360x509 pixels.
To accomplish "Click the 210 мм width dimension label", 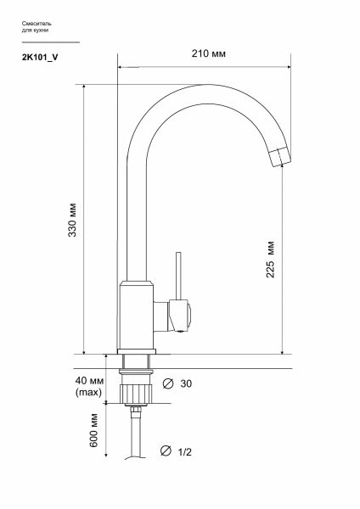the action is click(x=208, y=53).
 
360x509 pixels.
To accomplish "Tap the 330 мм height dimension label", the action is click(x=72, y=220).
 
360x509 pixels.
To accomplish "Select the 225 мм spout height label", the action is click(x=270, y=260).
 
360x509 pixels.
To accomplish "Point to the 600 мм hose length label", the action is click(x=93, y=430).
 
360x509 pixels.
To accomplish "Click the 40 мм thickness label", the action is click(x=89, y=380).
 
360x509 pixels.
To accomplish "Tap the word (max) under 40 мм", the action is click(x=88, y=393).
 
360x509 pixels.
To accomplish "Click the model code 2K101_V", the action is click(x=40, y=58).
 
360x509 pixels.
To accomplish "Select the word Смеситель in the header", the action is click(x=37, y=24).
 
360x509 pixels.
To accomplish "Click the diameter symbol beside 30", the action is click(x=167, y=383).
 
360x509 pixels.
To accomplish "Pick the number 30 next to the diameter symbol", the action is click(x=186, y=383).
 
